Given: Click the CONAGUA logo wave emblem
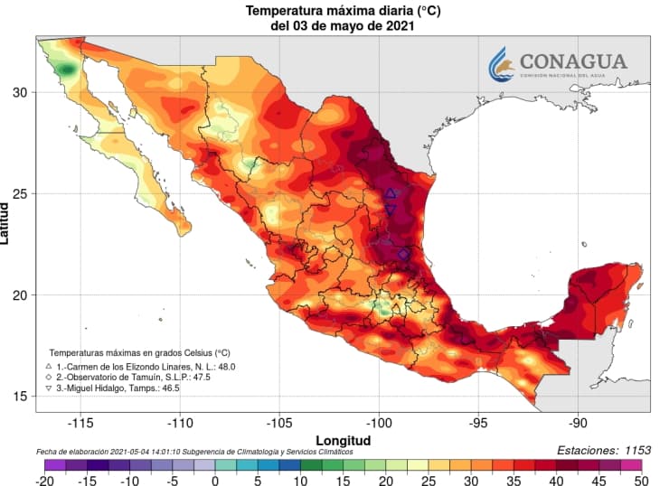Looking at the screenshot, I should click(x=501, y=64).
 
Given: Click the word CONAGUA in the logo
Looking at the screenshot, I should click(x=571, y=61).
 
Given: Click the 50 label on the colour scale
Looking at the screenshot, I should click(x=640, y=481).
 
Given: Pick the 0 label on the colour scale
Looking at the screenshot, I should click(x=215, y=481).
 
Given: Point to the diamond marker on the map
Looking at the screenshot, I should click(x=403, y=255).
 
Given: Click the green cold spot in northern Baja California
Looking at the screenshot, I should click(x=66, y=69).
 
